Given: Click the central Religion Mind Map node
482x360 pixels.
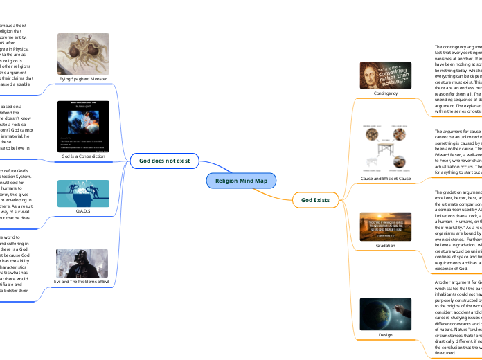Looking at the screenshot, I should click(240, 181).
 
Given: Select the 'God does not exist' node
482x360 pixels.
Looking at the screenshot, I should click(165, 161).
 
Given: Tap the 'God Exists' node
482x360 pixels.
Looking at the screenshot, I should click(315, 201).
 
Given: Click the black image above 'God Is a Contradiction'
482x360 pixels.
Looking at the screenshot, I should click(82, 127).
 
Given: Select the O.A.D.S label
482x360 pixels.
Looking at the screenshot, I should click(82, 210).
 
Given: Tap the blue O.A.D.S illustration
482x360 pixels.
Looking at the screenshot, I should click(82, 191).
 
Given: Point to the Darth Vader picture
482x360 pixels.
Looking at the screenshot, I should click(82, 262).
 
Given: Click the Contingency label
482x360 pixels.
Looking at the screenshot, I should click(385, 92).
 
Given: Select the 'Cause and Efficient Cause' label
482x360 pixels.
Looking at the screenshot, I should click(385, 179).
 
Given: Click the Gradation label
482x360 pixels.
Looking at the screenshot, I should click(385, 245).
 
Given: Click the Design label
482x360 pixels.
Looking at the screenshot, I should click(385, 334).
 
